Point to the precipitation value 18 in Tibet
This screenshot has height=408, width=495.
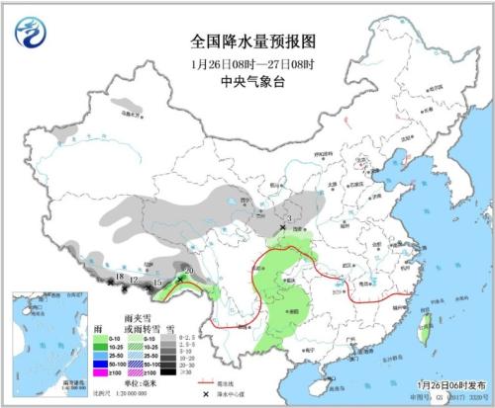(x=119, y=277)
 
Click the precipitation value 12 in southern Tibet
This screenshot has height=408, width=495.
(x=133, y=282)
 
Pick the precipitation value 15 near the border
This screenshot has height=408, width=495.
(x=157, y=285)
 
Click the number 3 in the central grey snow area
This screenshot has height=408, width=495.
(x=289, y=218)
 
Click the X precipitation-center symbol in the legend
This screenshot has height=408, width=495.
(x=206, y=393)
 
